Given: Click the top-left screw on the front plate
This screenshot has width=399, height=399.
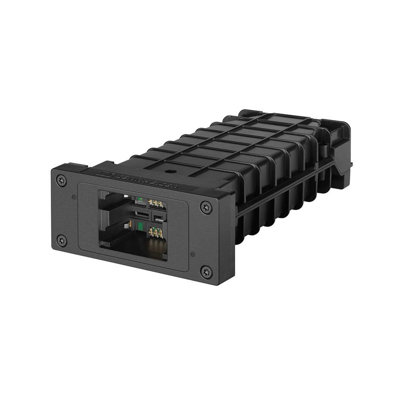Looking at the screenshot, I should point(62,180).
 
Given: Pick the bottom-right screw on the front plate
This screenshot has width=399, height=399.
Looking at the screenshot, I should point(205,272).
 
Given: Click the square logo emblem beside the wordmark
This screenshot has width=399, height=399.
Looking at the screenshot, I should point(106,174).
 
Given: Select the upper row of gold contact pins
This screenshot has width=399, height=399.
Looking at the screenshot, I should point(156,203).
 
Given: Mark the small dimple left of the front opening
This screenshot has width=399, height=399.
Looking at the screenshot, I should point(74,197).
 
